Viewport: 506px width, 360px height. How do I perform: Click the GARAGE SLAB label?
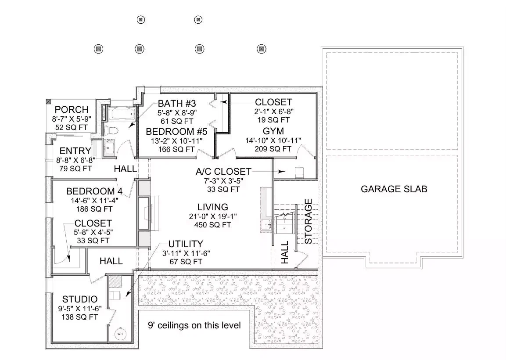394,189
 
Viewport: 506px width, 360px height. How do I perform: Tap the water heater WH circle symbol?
120,334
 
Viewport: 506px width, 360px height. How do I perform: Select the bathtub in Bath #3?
120,115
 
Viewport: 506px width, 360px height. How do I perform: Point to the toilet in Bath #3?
110,130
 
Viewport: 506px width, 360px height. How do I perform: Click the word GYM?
273,131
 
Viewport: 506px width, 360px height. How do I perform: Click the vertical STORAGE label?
309,221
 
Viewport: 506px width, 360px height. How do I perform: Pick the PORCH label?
72,110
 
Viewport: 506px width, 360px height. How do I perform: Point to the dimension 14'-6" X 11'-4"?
93,200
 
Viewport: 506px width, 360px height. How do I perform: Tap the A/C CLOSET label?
223,171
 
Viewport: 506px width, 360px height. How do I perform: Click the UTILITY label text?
186,244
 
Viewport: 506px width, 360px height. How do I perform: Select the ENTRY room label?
75,151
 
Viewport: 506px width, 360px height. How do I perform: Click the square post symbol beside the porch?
49,101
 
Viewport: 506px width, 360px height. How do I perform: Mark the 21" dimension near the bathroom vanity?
110,141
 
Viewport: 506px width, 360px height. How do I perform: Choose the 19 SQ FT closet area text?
273,119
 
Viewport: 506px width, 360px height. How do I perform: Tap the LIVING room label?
212,207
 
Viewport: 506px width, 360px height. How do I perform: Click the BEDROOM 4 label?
94,191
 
